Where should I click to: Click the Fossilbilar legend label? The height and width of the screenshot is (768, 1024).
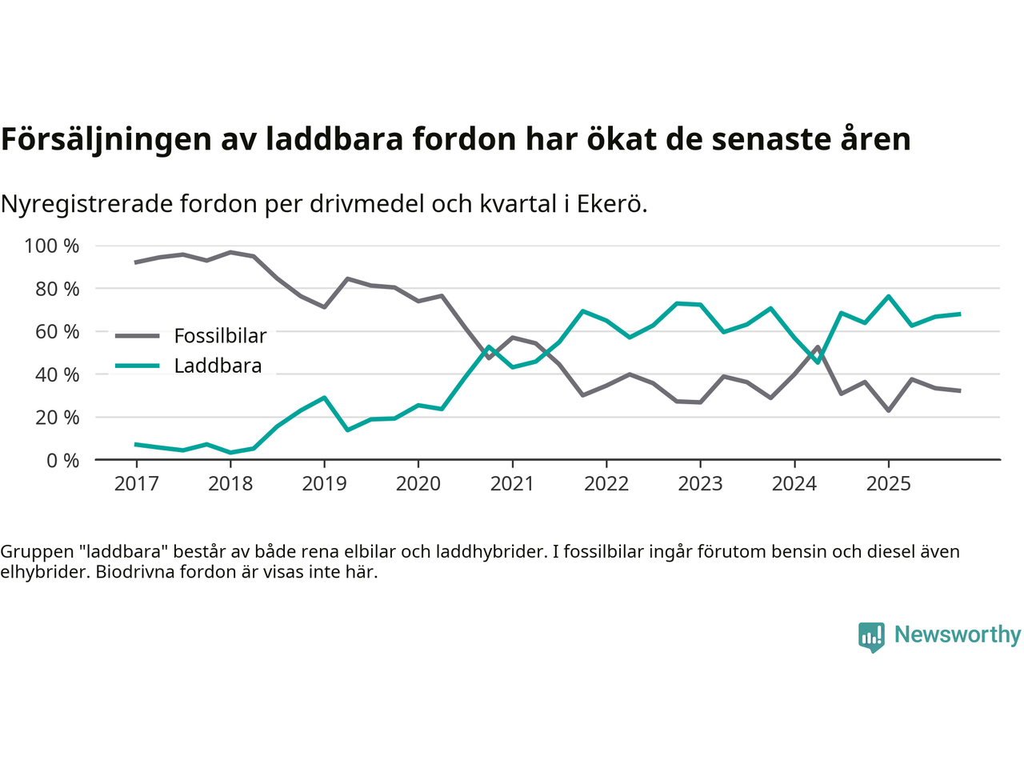coord(220,336)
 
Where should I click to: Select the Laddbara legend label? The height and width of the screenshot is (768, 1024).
coord(218,366)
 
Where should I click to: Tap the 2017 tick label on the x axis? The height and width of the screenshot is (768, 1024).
coord(136,484)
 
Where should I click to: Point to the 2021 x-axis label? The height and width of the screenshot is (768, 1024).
coord(512,484)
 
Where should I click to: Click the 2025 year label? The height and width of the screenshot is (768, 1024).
coord(888,484)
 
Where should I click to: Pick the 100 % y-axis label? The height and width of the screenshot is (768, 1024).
coord(52,246)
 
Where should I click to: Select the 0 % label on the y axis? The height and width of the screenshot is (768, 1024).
coord(62,460)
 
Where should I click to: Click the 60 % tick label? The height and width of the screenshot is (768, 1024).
coord(57,331)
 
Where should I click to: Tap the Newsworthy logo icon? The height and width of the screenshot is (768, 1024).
coord(871,637)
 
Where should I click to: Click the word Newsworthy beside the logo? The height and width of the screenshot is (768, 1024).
coord(958,634)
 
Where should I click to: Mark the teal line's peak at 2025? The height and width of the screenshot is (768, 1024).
coord(888,296)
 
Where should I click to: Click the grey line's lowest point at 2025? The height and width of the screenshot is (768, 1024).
coord(888,410)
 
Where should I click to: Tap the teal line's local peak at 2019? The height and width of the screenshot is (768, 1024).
coord(324,397)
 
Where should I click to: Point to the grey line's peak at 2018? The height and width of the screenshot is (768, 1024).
coord(230,252)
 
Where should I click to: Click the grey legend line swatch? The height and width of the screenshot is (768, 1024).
coord(138,336)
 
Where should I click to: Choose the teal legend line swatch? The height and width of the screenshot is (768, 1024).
coord(138,366)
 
